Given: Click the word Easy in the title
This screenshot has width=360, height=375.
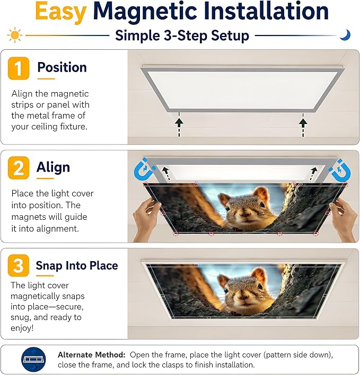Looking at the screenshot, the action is click(60, 12).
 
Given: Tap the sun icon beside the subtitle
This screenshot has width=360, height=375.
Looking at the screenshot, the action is click(15, 35).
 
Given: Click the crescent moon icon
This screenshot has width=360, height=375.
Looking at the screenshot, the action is click(345, 35).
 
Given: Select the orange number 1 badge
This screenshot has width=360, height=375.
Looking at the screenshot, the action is click(19, 68).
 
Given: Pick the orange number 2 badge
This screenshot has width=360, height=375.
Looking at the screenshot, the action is click(19, 168).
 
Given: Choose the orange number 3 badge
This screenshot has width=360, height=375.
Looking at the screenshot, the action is click(19, 265).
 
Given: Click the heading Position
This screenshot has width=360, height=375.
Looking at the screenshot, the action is click(62, 67).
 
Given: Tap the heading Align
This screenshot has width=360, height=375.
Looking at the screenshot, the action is click(53, 167).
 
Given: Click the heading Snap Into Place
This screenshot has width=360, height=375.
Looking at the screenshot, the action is click(77, 265).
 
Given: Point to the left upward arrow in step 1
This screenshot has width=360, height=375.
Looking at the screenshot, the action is click(179, 124).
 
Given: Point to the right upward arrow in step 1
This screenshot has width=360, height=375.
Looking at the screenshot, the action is click(303, 124).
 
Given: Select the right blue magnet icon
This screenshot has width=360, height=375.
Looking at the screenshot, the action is click(340, 170).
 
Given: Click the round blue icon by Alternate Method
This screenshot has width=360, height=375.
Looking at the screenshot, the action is click(33, 360).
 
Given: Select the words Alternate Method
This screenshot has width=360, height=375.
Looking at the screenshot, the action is click(92, 355).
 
